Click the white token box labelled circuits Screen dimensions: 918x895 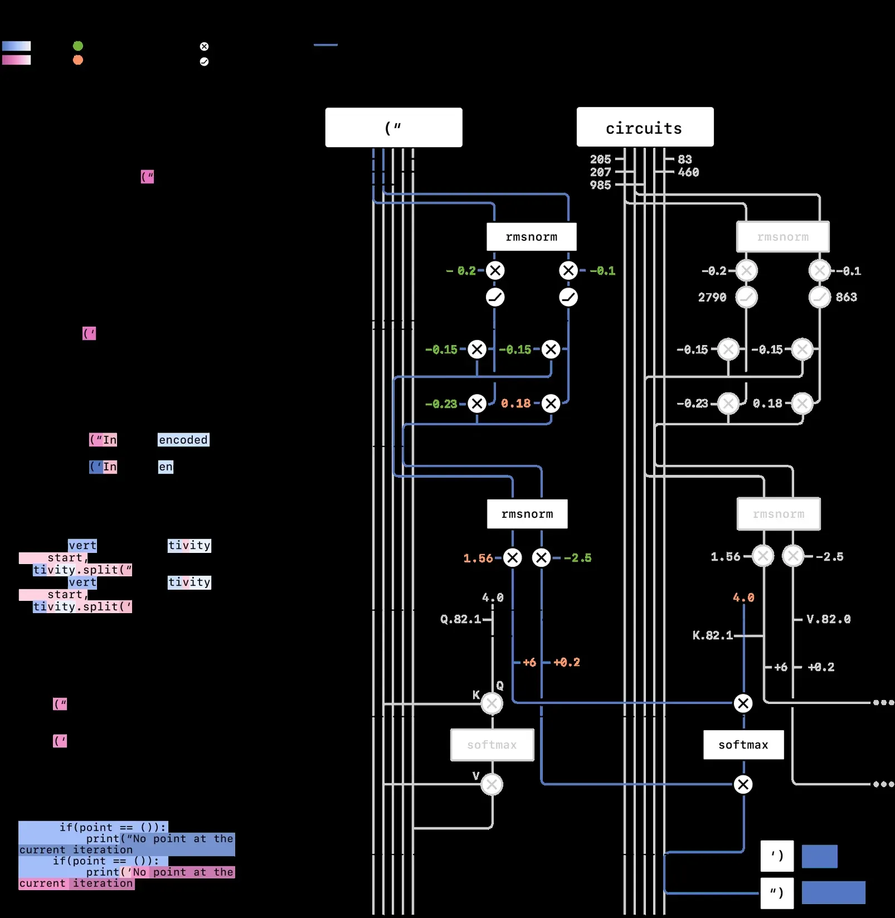pyautogui.click(x=645, y=127)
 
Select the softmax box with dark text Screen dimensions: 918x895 pyautogui.click(x=743, y=745)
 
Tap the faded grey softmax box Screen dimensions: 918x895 pyautogui.click(x=492, y=745)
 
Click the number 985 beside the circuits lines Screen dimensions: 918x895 pyautogui.click(x=600, y=185)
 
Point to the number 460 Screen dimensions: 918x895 pyautogui.click(x=688, y=172)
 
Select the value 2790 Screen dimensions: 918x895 pyautogui.click(x=712, y=298)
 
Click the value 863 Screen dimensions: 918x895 pyautogui.click(x=846, y=297)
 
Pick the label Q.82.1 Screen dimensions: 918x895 pyautogui.click(x=460, y=619)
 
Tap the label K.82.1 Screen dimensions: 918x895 pyautogui.click(x=712, y=635)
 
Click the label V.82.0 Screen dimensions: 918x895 pyautogui.click(x=829, y=619)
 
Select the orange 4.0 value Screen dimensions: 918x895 pyautogui.click(x=743, y=598)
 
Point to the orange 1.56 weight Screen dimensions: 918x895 pyautogui.click(x=478, y=558)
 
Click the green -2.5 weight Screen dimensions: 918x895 pyautogui.click(x=577, y=558)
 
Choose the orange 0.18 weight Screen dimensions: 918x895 pyautogui.click(x=515, y=404)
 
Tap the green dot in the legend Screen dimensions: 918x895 pyautogui.click(x=78, y=46)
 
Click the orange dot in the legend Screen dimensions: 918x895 pyautogui.click(x=78, y=60)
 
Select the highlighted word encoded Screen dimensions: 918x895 pyautogui.click(x=183, y=440)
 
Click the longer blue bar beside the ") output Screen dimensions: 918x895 pyautogui.click(x=833, y=892)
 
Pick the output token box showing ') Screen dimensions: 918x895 pyautogui.click(x=777, y=855)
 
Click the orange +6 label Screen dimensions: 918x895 pyautogui.click(x=529, y=662)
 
